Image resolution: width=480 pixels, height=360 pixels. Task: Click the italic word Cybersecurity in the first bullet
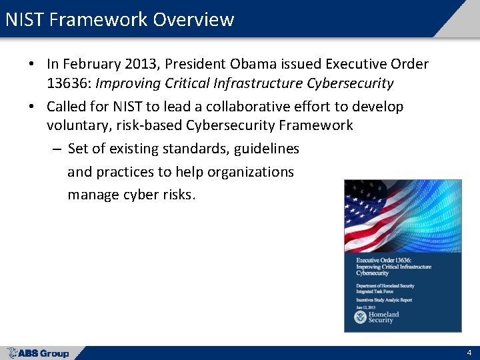point(350,83)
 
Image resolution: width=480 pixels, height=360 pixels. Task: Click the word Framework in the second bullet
point(318,125)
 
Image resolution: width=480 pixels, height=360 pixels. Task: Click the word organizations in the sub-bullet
point(251,171)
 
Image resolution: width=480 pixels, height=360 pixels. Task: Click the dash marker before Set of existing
point(57,149)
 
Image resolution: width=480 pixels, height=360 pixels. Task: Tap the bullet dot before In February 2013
point(31,65)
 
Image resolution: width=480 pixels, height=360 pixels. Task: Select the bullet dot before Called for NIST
point(31,107)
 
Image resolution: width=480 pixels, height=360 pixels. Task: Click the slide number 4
point(469,352)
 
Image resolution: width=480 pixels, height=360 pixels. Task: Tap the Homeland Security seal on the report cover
point(361,317)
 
